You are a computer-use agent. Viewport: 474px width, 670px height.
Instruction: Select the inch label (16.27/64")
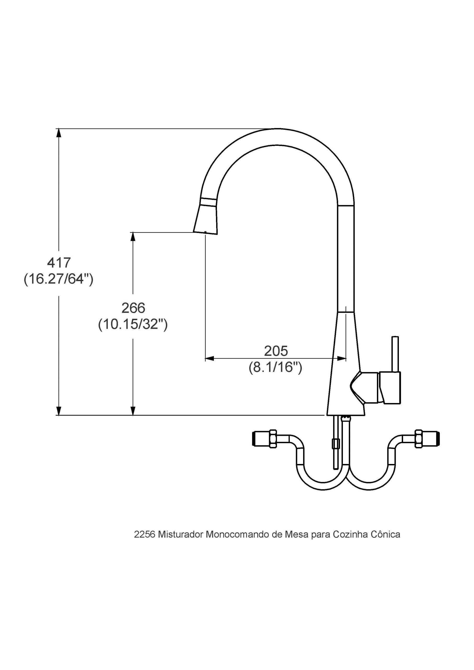pyautogui.click(x=58, y=279)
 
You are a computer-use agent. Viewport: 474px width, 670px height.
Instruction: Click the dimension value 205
pyautogui.click(x=276, y=351)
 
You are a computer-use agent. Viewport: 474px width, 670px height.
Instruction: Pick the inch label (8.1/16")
pyautogui.click(x=275, y=367)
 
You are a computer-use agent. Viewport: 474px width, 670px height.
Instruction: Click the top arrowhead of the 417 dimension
pyautogui.click(x=59, y=133)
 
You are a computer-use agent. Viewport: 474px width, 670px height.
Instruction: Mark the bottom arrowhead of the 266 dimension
pyautogui.click(x=133, y=411)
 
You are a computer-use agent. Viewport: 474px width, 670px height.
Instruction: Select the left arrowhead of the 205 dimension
pyautogui.click(x=210, y=358)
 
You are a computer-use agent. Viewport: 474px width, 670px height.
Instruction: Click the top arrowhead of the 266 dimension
pyautogui.click(x=133, y=237)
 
